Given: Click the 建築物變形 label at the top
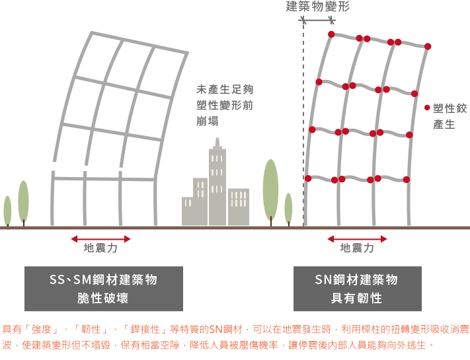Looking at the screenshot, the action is [318, 7].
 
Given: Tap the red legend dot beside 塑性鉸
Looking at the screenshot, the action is [427, 108].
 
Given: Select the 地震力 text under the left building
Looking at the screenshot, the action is [100, 248].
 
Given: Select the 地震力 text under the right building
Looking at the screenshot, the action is [357, 248].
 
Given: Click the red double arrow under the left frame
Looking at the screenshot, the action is [100, 238].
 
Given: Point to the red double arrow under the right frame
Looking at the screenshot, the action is [357, 238].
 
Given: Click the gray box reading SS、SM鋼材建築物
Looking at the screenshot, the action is [104, 289].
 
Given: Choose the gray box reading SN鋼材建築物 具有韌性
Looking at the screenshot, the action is [358, 289].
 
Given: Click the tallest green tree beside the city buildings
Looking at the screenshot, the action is [270, 192].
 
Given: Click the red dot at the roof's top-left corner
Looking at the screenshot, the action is [331, 34].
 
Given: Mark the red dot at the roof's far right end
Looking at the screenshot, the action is [428, 46].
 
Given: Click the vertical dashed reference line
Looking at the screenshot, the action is [303, 123].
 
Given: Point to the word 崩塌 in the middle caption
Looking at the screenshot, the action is [208, 122].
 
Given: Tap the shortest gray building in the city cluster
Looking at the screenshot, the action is [187, 211].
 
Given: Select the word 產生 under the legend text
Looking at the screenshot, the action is [444, 124].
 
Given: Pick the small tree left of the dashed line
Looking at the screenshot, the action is [288, 209].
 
